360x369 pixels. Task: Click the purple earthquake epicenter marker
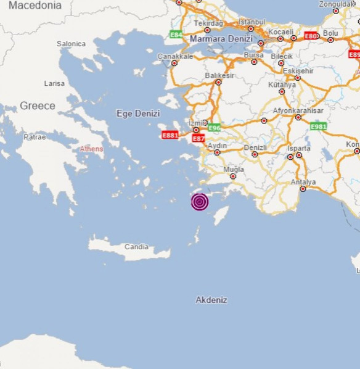pos(199,202)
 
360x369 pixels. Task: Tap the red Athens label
pos(91,149)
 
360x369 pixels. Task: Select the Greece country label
pos(37,106)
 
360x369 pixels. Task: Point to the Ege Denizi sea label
pos(138,114)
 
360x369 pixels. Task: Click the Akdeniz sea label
pos(211,300)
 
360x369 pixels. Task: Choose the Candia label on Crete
pos(136,247)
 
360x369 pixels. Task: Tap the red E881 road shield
pos(170,135)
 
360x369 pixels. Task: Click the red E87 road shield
pos(198,139)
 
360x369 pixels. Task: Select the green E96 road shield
pos(214,128)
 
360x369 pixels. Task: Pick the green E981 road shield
pos(318,126)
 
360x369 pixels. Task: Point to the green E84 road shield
pos(176,35)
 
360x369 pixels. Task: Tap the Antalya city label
pos(303,182)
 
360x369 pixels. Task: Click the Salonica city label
pos(71,44)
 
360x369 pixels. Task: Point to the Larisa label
pos(54,83)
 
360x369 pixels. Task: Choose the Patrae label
pos(35,137)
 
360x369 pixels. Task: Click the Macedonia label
pos(35,6)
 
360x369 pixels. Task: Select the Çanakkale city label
pos(175,56)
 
